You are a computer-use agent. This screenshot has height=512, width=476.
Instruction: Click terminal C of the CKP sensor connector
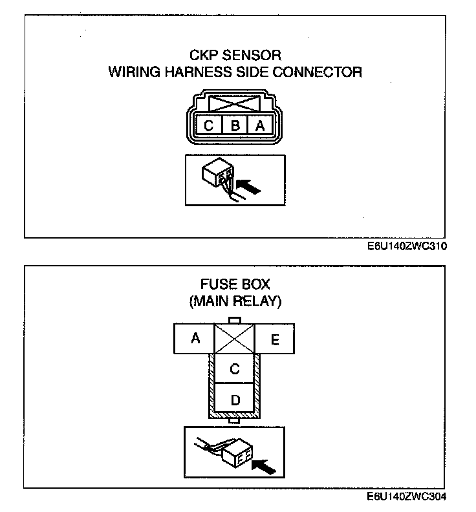(209, 125)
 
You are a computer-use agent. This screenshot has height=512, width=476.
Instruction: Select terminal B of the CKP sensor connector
(235, 125)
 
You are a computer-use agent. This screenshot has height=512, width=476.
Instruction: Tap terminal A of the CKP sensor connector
(260, 125)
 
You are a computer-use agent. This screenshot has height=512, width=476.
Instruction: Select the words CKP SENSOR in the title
(235, 55)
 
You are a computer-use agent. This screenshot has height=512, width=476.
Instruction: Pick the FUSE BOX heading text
(235, 284)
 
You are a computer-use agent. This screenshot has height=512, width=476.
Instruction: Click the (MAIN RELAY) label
(235, 301)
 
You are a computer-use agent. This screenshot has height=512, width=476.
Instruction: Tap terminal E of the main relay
(275, 338)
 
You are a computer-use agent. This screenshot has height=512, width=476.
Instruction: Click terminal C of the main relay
(235, 369)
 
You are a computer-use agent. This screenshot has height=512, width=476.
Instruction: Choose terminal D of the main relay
(235, 400)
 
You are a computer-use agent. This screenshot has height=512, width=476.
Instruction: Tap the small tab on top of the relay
(235, 320)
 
